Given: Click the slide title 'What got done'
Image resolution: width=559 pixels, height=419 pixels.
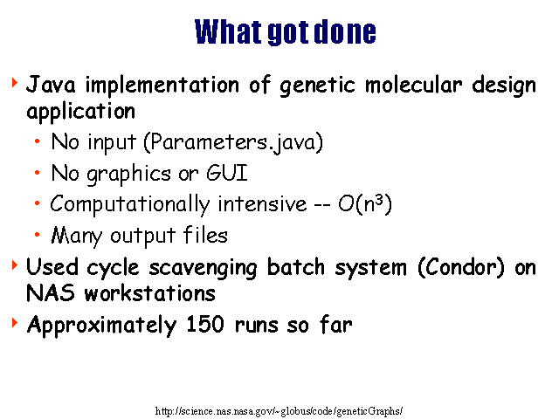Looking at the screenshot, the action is pos(286,32).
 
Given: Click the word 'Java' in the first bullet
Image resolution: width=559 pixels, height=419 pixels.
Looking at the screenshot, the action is pos(51,85).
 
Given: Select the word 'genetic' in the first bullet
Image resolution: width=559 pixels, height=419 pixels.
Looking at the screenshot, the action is pos(317,86).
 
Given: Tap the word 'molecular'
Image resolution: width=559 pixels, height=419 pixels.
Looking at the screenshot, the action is pos(413,85).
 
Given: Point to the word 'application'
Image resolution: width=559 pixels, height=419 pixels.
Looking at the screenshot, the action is pos(81,112).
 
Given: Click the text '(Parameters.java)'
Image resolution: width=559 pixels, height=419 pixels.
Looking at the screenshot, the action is pos(233,142).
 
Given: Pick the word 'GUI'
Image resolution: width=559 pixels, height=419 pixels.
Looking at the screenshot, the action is pos(227,173).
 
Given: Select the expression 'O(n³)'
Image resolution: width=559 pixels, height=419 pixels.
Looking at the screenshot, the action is pos(365,204).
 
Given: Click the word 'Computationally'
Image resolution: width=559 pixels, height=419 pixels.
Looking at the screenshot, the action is pos(130,205).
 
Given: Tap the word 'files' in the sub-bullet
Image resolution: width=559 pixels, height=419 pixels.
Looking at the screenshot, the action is pos(205,235).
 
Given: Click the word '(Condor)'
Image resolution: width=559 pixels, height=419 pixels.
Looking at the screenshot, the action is pos(461,267).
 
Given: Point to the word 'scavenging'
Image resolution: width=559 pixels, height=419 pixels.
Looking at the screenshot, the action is pos(204,268).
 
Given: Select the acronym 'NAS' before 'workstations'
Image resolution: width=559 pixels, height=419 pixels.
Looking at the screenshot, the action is pos(51,293).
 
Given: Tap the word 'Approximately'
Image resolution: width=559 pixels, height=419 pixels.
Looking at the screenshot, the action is pos(101,326).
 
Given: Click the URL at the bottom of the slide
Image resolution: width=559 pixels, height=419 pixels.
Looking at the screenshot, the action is pos(279,411).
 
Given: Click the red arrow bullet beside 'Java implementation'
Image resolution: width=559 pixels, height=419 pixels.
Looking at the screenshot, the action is pos(15,83).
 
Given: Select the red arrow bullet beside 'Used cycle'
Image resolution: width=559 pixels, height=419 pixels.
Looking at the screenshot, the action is pos(15,265).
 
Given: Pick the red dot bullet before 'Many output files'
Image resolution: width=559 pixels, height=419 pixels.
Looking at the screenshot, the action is pos(37,235).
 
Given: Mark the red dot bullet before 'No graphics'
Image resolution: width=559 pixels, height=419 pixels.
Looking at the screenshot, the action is pos(37,173).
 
